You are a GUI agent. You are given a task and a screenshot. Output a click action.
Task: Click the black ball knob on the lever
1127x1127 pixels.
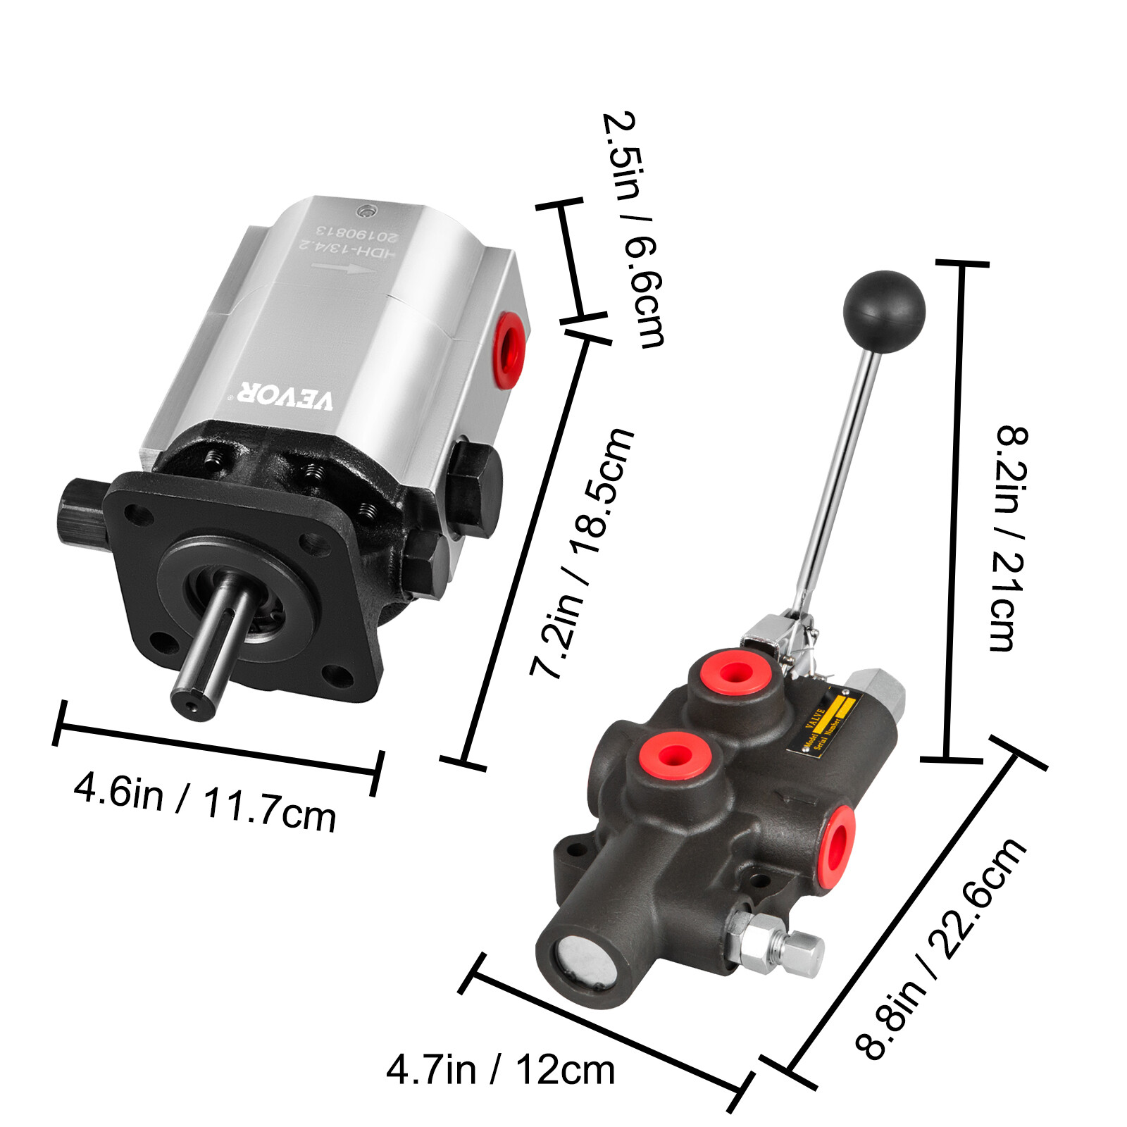883,311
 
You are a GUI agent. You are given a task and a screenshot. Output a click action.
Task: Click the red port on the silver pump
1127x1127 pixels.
509,349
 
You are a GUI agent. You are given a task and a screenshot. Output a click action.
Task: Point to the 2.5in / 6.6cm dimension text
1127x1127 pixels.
633,230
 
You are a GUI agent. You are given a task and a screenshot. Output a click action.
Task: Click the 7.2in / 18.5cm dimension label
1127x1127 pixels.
582,552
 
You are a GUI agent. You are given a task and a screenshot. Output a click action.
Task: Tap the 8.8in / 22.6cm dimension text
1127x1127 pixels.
941,948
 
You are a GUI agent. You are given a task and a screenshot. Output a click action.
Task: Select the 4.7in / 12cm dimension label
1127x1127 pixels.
500,1070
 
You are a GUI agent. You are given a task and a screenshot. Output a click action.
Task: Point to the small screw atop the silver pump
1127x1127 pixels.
365,211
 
